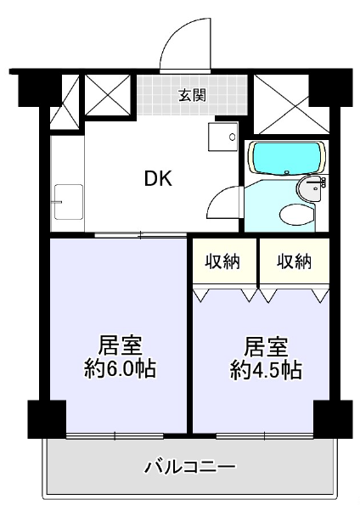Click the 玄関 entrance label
pos(193,95)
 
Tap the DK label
pos(159,179)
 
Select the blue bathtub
pos(286,158)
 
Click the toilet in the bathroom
pos(296,215)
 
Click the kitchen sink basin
pos(68,202)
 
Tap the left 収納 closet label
pos(223,261)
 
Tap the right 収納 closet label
pos(294,261)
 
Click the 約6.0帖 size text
pos(121,369)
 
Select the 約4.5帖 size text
pos(266,370)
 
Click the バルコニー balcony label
pos(190,467)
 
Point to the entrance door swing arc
pos(174,34)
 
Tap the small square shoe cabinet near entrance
pos(222,137)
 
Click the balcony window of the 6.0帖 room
pos(115,436)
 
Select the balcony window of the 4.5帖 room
pos(264,436)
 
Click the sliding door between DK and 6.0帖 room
pos(141,235)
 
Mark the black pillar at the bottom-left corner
pos(47,419)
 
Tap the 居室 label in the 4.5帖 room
pos(266,347)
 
